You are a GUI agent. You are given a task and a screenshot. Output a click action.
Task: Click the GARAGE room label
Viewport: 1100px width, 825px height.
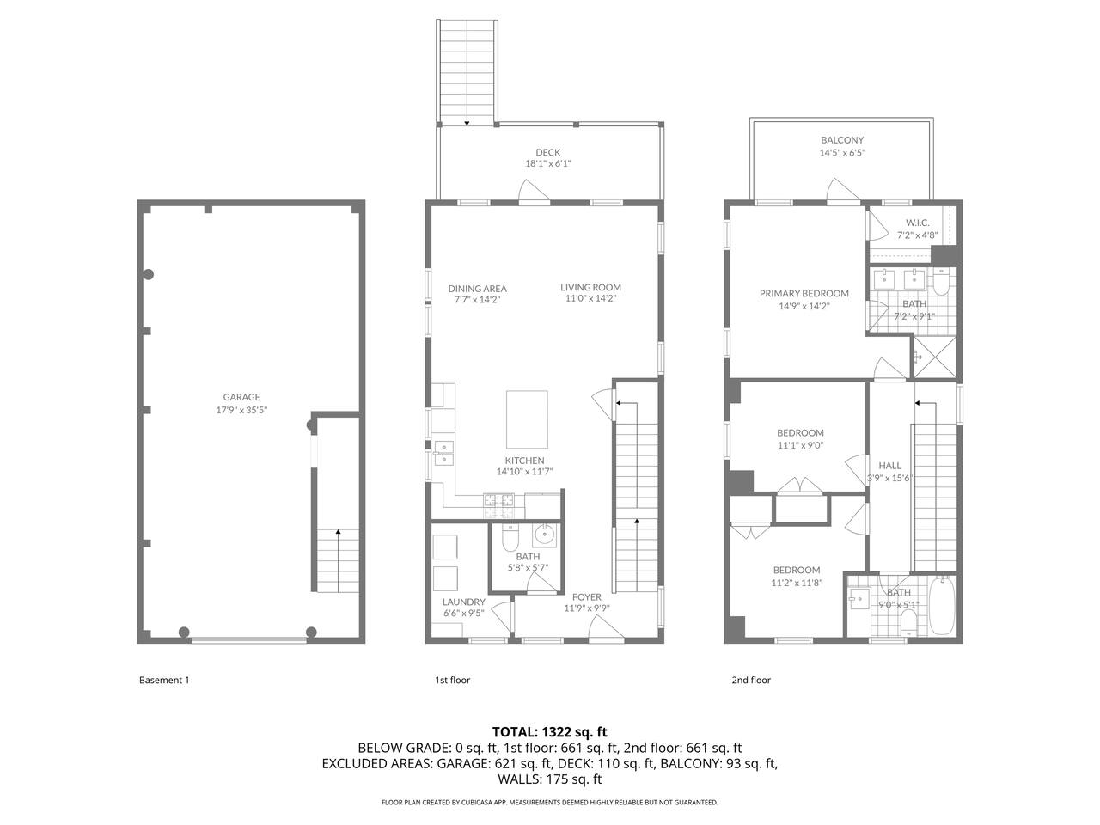tap(241, 397)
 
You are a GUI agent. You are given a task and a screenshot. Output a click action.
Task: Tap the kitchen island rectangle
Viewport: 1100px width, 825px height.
tap(527, 419)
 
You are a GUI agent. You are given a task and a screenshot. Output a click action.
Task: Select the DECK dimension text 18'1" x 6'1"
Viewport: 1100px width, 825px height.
tap(547, 163)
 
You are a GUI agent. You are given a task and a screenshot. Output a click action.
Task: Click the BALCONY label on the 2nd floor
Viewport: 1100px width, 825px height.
tap(842, 140)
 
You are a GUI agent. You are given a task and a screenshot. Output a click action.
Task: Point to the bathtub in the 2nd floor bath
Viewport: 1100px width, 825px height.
tap(943, 606)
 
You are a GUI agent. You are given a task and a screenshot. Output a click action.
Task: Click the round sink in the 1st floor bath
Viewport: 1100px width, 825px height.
tap(544, 535)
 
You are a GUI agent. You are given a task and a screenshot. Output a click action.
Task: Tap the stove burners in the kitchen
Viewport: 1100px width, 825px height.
tap(498, 506)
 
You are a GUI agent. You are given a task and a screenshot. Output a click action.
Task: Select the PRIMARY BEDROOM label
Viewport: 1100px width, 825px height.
tap(804, 294)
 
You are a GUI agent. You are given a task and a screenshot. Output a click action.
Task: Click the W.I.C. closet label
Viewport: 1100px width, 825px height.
tap(917, 223)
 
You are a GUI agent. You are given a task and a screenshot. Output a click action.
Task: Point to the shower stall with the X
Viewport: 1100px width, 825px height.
tap(935, 357)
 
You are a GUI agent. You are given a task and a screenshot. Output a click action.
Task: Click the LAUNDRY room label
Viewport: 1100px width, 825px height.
tap(463, 602)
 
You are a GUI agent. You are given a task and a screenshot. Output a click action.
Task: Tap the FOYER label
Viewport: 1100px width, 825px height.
tap(586, 597)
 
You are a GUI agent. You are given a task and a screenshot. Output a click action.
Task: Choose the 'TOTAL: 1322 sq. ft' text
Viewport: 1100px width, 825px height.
tap(550, 732)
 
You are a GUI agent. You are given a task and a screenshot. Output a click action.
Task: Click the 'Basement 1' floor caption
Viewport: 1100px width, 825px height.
tap(164, 680)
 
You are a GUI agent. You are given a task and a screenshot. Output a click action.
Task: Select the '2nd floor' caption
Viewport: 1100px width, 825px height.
tap(751, 680)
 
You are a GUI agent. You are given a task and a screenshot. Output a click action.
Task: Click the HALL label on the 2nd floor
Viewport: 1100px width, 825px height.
tap(889, 465)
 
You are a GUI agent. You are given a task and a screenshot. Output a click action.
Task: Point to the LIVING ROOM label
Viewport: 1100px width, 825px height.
tap(590, 287)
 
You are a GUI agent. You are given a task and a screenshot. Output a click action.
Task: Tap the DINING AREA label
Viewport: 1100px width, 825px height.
tap(477, 289)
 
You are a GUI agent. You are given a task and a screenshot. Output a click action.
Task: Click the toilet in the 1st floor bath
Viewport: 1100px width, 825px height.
tap(510, 537)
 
